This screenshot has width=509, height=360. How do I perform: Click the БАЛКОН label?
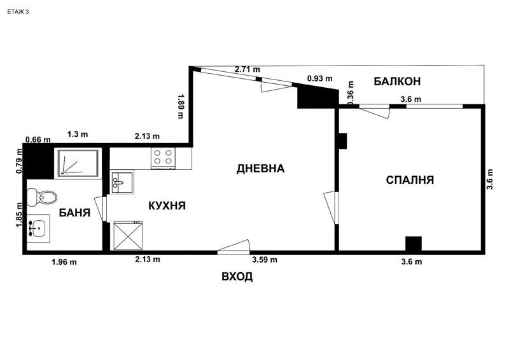click(x=397, y=81)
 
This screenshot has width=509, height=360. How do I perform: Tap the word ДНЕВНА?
click(x=260, y=169)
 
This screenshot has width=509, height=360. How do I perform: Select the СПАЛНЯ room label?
click(x=410, y=180)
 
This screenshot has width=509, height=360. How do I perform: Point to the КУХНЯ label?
click(x=167, y=205)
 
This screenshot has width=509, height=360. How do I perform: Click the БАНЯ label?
click(x=74, y=212)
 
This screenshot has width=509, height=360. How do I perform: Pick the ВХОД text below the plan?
click(x=237, y=277)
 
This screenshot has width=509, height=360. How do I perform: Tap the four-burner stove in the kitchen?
click(x=163, y=158)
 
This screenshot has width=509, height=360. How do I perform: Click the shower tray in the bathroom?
click(x=77, y=162)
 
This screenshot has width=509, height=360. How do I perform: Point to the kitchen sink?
click(x=122, y=183)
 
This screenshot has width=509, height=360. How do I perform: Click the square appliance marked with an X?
click(x=129, y=236)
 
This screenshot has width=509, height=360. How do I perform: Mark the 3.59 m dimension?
click(x=264, y=260)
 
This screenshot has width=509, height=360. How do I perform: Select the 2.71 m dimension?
click(x=247, y=69)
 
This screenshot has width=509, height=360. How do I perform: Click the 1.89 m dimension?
click(x=181, y=106)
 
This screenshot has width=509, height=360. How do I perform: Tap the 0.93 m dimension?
click(x=319, y=78)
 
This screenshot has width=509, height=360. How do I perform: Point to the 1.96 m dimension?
click(x=64, y=261)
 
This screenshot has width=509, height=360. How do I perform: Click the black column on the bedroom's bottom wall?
click(x=414, y=244)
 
